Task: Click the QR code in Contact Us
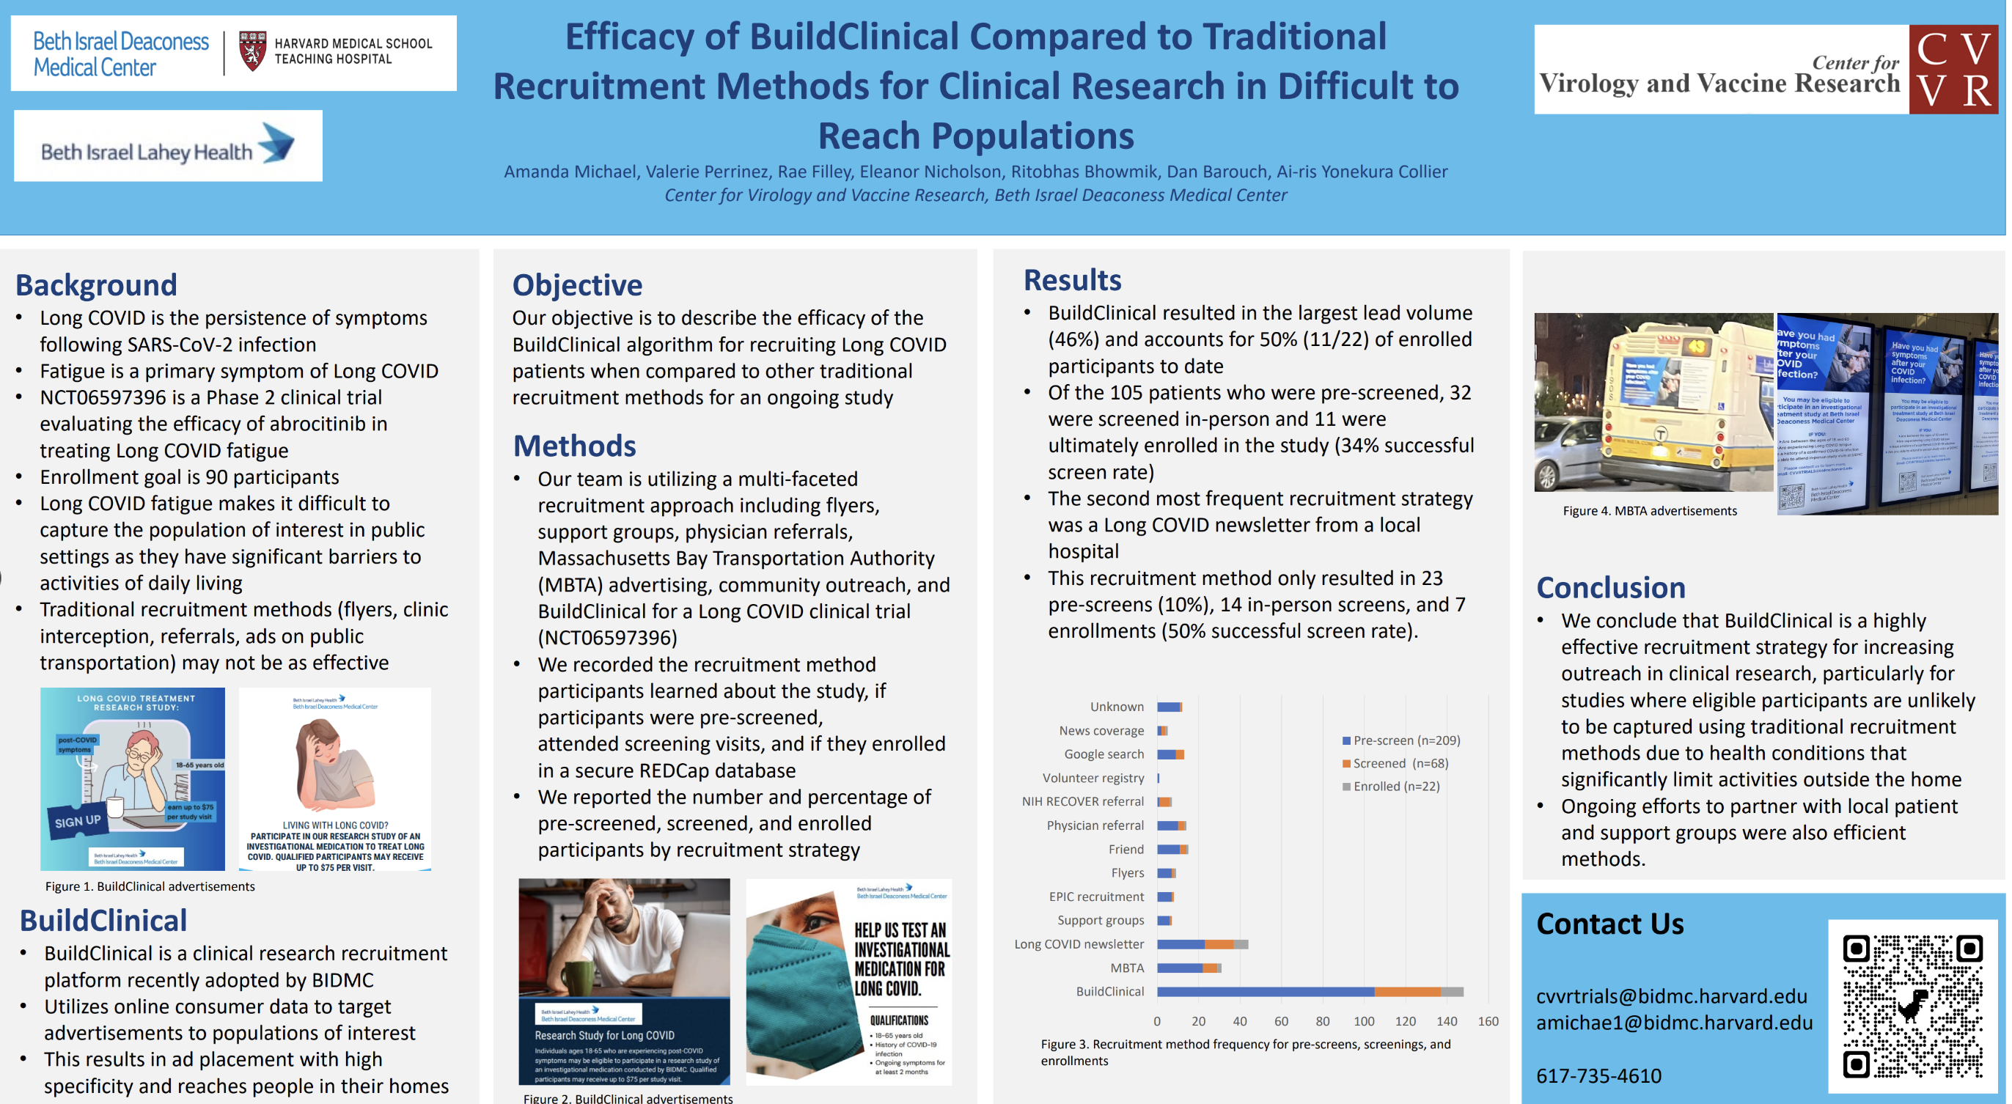[1912, 1006]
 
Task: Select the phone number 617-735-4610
[1598, 1076]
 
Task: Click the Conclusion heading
[1610, 588]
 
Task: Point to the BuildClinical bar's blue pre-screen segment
[1266, 992]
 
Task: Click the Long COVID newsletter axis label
[1079, 944]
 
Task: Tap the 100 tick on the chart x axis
[1364, 1021]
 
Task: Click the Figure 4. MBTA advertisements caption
[1650, 511]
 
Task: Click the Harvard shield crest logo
[252, 51]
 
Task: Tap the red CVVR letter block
[1953, 70]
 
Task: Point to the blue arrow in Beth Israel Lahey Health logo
[277, 143]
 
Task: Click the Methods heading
[574, 446]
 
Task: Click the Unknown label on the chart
[1116, 707]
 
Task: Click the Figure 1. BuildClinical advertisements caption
[150, 886]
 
